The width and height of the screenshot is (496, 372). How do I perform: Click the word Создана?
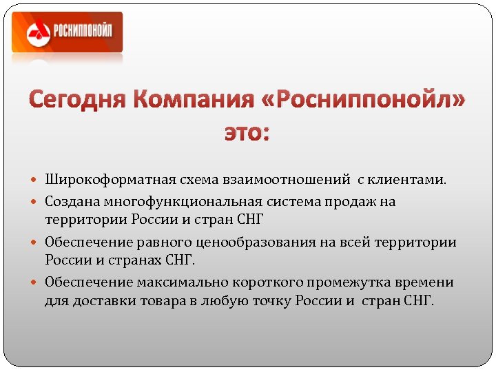[72, 203]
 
